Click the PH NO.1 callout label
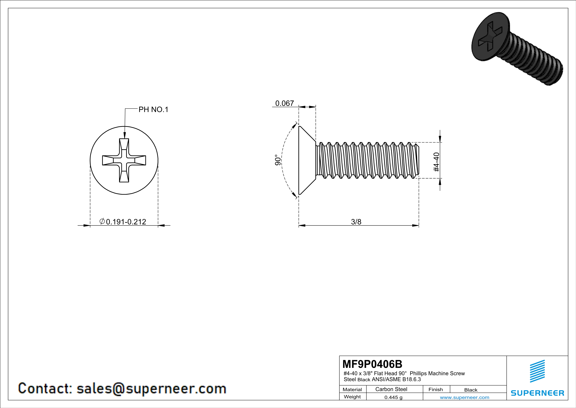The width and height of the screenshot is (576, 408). coord(153,110)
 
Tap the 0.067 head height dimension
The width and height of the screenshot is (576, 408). coord(284,103)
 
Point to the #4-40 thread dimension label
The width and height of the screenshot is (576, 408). coord(436,162)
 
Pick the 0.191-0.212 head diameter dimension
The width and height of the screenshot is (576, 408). coord(123,222)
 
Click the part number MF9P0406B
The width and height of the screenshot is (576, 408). coord(372,364)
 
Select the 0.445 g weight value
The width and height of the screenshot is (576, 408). coord(393,397)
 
